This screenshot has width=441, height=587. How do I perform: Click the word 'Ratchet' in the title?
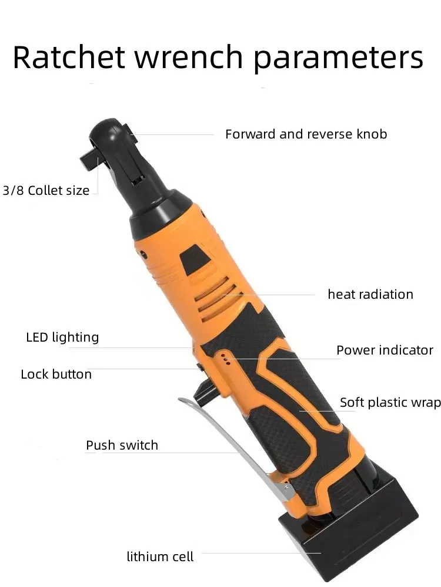tap(69, 58)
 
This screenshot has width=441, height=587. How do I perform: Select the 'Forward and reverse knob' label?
tap(306, 134)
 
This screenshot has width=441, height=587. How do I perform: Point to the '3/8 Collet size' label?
tap(46, 190)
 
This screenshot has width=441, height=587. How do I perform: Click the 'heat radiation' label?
tap(370, 294)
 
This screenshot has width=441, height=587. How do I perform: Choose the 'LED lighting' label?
tap(62, 338)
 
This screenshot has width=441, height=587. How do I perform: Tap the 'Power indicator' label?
tap(385, 350)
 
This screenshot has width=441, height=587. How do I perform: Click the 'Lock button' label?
tap(56, 375)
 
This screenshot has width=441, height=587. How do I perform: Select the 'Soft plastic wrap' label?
tap(390, 403)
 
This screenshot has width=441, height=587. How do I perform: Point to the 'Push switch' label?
tap(122, 446)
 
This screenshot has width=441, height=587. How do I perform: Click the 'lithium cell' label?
tap(160, 556)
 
